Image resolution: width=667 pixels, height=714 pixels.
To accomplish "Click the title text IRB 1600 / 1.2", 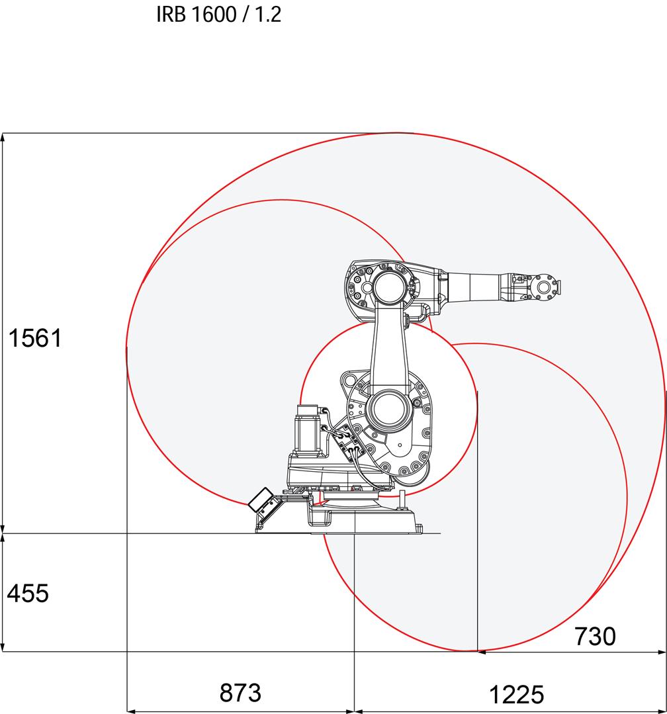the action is pyautogui.click(x=218, y=15).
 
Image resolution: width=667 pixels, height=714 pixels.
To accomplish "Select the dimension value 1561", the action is pyautogui.click(x=35, y=338).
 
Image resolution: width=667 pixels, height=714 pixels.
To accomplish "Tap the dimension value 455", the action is pyautogui.click(x=28, y=594).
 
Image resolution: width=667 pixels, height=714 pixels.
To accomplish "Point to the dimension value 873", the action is pyautogui.click(x=240, y=693).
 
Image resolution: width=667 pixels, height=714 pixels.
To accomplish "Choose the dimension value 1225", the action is pyautogui.click(x=516, y=695).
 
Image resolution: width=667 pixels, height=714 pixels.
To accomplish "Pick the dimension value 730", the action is pyautogui.click(x=595, y=636).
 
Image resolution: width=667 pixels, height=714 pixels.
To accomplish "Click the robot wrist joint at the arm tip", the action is pyautogui.click(x=544, y=287).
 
